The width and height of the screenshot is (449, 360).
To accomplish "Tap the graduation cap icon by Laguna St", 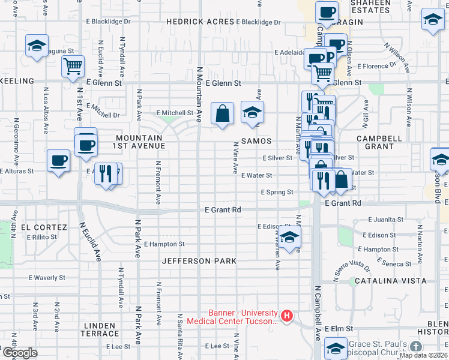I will [37, 46].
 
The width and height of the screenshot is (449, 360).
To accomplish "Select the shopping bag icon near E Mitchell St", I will [222, 113].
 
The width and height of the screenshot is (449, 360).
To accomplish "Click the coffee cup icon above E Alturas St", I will [59, 160].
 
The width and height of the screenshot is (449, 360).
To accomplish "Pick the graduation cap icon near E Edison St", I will [289, 236].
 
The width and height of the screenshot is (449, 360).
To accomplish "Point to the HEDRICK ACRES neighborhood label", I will [200, 22].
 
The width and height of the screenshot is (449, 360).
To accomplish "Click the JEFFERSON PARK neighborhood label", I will [199, 261].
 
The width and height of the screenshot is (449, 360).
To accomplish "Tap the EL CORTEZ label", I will [44, 227].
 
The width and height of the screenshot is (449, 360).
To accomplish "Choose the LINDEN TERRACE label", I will [99, 329].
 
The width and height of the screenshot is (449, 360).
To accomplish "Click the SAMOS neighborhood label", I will [256, 141].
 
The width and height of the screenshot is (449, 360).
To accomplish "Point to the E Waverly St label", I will [47, 278].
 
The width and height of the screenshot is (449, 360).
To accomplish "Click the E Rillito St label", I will [41, 237].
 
